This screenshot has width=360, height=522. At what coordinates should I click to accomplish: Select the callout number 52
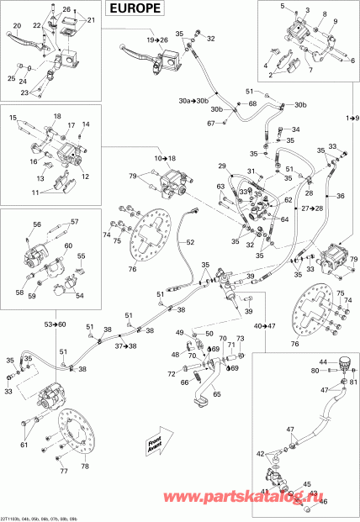[190, 242]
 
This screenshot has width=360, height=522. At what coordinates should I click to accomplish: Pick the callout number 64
[286, 220]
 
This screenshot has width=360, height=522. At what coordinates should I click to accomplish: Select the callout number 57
[74, 222]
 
